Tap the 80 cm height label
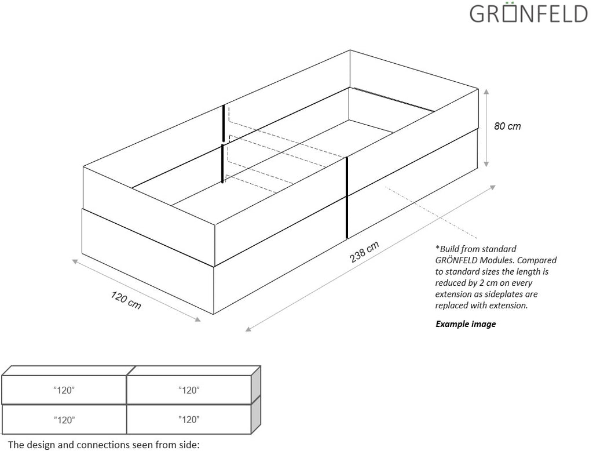point(507,126)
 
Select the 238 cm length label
point(364,252)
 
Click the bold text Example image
point(466,324)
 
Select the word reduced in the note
point(452,283)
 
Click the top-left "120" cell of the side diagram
point(64,390)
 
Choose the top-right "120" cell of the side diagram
point(189,390)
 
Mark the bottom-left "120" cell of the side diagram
point(64,419)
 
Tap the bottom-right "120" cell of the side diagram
point(189,419)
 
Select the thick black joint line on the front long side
point(346,197)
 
